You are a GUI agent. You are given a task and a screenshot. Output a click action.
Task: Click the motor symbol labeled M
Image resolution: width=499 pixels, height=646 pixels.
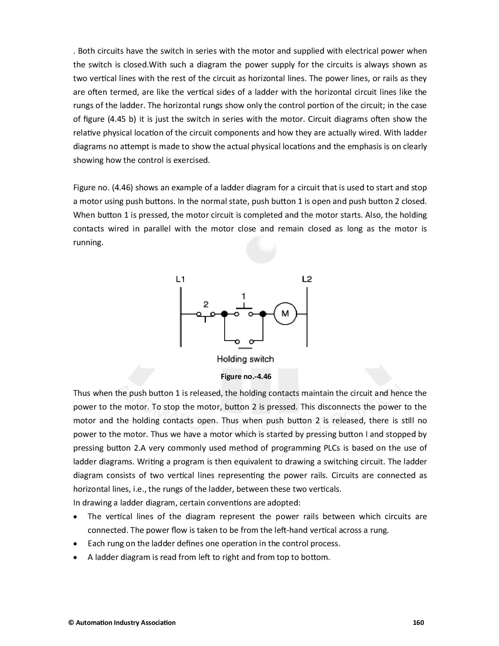coord(285,314)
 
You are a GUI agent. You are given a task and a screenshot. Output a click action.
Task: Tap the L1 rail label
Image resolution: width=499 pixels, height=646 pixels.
coord(180,279)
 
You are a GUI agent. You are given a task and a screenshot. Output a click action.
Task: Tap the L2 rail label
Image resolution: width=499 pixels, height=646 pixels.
coord(307,279)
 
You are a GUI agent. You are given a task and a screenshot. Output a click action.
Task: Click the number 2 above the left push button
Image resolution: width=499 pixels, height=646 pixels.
coord(206,304)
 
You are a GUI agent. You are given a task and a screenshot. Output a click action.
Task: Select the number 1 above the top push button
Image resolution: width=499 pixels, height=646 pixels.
coord(244,296)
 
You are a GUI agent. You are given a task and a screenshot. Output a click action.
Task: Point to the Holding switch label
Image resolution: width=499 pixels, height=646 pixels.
coord(245,359)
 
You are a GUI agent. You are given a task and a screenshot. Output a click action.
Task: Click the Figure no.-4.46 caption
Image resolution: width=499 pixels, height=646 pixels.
coord(246,377)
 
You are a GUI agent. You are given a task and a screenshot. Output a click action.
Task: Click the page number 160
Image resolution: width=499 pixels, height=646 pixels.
coord(418,623)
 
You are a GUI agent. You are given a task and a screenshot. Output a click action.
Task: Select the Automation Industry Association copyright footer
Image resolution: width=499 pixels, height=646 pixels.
coord(122,623)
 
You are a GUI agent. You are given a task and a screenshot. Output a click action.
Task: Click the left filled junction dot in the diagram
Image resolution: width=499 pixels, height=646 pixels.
coord(225,314)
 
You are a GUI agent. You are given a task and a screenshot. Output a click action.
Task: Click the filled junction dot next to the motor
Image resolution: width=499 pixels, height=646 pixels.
coord(263,314)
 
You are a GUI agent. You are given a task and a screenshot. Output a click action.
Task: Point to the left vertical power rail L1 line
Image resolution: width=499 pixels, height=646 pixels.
coord(180,317)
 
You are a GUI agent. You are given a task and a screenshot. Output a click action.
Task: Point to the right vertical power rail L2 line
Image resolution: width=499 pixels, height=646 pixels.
coord(307,317)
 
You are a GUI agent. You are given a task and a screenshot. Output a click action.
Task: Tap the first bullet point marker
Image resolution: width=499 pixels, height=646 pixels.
coord(75,517)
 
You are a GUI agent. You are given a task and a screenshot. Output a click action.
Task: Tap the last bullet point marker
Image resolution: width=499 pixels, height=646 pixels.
coord(75,558)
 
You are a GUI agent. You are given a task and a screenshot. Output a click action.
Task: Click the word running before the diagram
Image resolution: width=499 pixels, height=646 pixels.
coord(88,243)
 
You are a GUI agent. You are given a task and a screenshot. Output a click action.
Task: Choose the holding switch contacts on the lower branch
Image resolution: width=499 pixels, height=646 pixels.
coord(245,342)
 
